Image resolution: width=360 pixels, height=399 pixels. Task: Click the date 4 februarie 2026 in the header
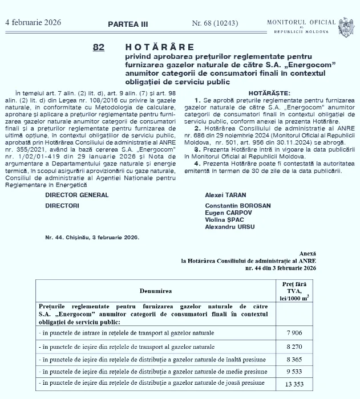(33, 23)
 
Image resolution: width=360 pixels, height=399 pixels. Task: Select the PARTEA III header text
(128, 24)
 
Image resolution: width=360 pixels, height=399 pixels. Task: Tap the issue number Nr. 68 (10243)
(214, 23)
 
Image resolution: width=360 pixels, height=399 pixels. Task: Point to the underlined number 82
(98, 48)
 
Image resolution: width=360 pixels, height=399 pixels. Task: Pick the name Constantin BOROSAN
(238, 206)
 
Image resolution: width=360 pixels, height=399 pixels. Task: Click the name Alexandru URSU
(230, 226)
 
